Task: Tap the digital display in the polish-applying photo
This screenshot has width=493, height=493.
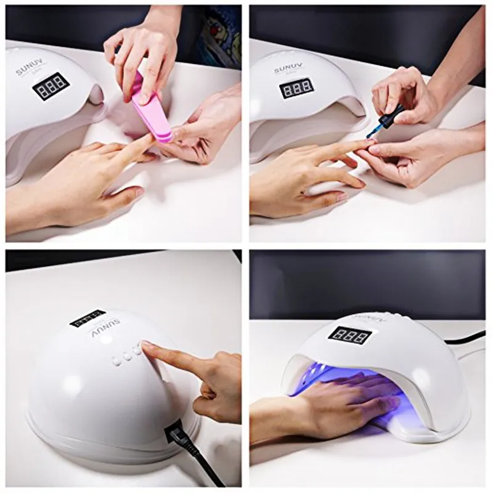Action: (x=296, y=88)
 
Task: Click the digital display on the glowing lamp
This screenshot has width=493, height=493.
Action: (x=349, y=335)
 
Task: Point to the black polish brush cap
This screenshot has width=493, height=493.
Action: (x=392, y=115)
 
